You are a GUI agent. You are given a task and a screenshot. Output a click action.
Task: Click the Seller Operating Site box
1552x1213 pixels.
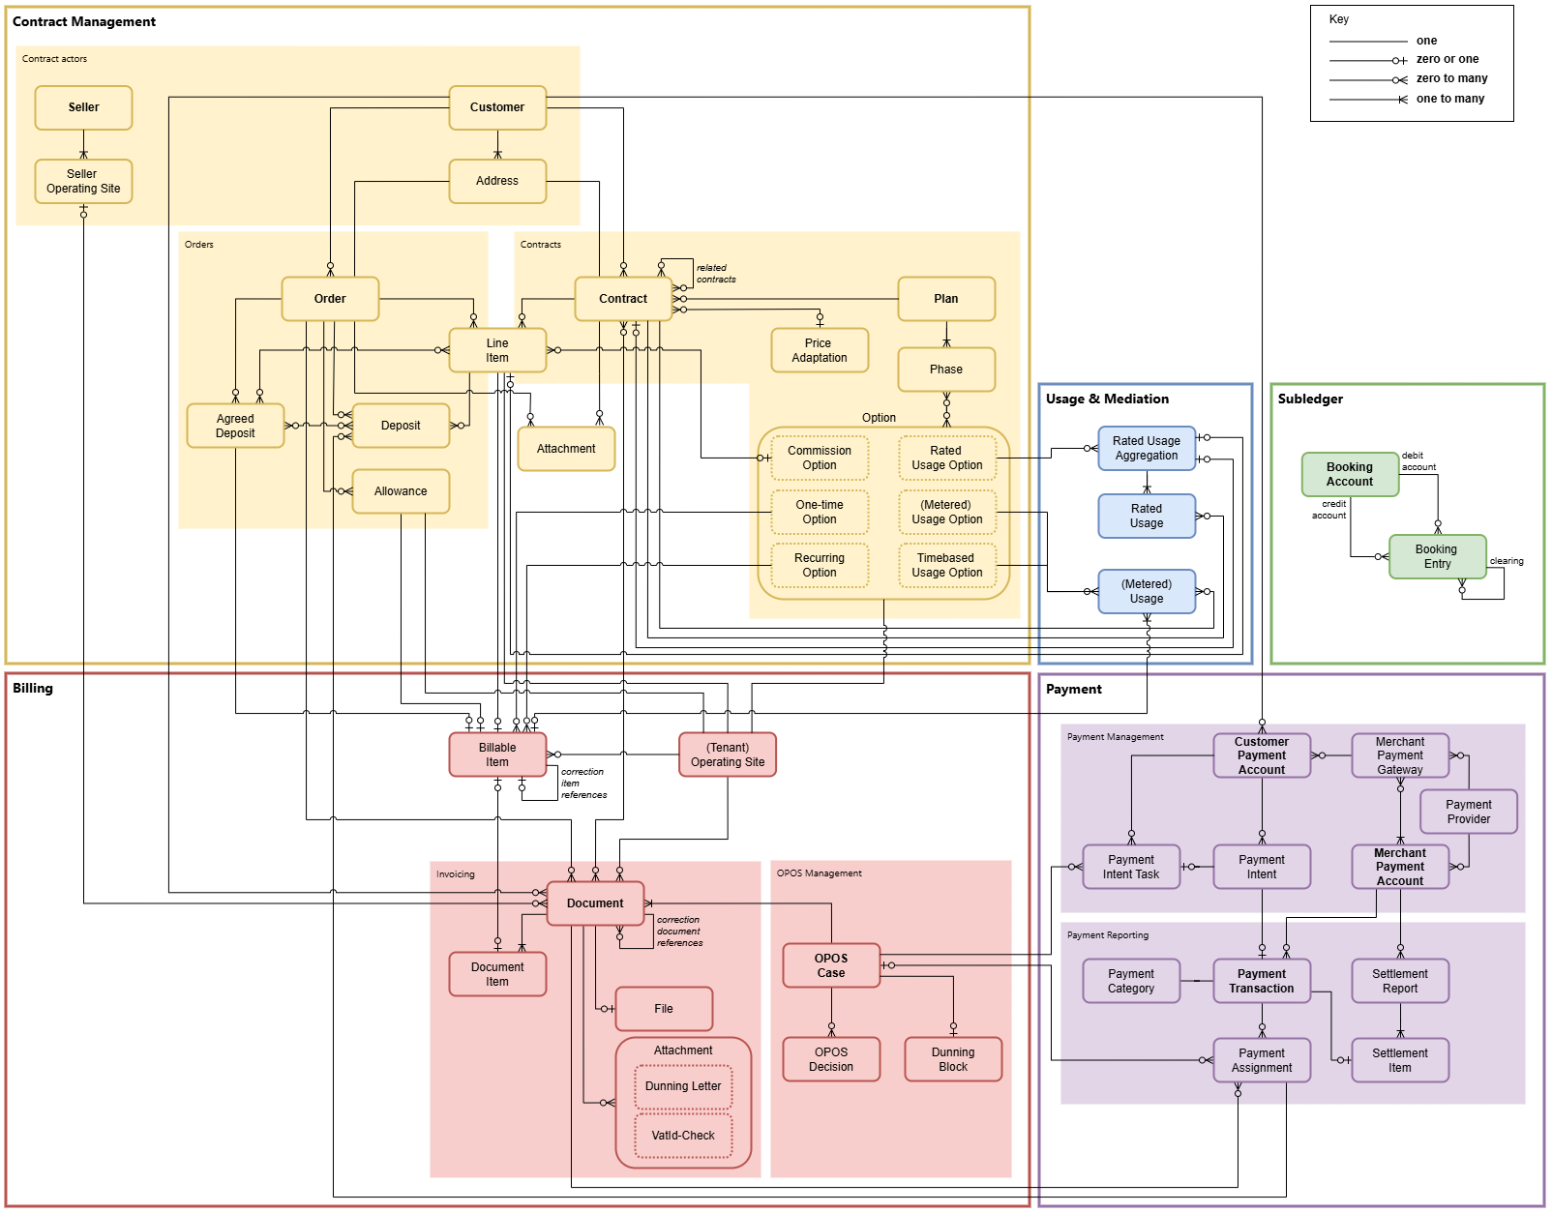point(83,182)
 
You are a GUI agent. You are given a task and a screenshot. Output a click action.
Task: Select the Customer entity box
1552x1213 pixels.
point(497,107)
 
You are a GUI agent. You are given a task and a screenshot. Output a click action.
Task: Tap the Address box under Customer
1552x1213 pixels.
point(497,181)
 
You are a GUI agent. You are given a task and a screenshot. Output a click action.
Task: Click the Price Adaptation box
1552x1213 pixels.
point(820,350)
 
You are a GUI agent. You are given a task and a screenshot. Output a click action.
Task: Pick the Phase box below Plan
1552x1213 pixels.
point(946,370)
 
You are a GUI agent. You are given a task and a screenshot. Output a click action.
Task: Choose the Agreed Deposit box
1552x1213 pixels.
point(235,426)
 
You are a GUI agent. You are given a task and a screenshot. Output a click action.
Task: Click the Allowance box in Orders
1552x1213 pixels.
point(401,491)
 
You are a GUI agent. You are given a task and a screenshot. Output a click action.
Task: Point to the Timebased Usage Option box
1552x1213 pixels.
point(946,565)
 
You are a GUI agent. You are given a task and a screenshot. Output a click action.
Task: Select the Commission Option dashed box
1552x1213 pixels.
point(820,458)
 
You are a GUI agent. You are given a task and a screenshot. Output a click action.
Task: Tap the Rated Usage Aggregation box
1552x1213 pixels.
point(1147,448)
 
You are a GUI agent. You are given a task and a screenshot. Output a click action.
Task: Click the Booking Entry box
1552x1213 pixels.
point(1437,556)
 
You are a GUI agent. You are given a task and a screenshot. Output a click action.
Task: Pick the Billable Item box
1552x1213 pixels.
point(497,754)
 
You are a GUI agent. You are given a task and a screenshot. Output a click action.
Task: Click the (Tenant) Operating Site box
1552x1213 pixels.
point(728,754)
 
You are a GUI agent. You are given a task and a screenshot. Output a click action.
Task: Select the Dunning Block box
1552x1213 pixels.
point(953,1059)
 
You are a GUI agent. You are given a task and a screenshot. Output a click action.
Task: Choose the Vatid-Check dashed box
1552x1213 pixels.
point(683,1136)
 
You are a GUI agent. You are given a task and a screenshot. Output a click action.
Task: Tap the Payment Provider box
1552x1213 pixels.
point(1468,812)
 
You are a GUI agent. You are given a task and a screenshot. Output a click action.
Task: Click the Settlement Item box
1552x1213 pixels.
point(1399,1060)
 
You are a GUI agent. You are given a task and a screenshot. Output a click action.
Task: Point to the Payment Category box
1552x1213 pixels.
point(1131,981)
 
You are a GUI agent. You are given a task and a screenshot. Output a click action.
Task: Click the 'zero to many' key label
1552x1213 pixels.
point(1451,78)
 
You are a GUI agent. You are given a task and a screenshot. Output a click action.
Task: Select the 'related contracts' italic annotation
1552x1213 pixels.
point(716,274)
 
